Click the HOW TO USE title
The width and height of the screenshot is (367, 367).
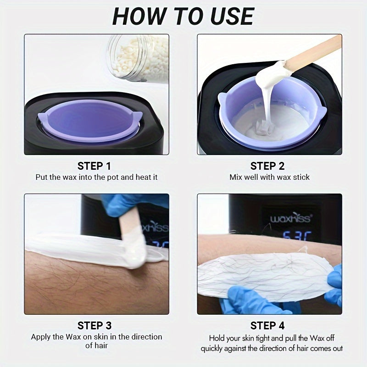183,17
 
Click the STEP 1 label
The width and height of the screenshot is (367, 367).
94,166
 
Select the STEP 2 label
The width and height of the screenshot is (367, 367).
267,166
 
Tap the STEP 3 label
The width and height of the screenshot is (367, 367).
94,325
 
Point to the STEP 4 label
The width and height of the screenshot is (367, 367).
267,325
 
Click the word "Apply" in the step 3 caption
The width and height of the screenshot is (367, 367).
41,337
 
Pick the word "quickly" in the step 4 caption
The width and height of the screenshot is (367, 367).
213,348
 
